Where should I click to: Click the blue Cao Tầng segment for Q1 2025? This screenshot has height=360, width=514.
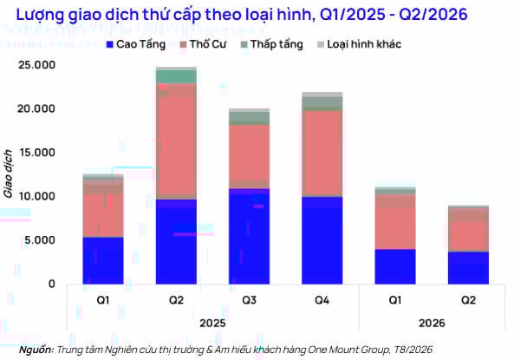click(103, 260)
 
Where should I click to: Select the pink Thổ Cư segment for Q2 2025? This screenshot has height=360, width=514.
click(176, 141)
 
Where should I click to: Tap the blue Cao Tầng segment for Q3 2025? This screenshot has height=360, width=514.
click(249, 236)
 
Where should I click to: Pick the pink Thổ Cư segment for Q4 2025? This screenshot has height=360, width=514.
click(322, 154)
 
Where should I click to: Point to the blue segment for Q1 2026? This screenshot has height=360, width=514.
click(395, 266)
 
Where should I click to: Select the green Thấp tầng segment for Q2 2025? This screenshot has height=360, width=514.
click(176, 77)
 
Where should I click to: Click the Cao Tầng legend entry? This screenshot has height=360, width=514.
click(136, 44)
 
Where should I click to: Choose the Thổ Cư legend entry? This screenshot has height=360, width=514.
click(203, 44)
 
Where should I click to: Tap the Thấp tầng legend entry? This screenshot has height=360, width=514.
click(272, 44)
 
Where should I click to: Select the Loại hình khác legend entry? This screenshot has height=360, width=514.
click(359, 44)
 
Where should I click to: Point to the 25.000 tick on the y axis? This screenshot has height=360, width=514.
click(36, 65)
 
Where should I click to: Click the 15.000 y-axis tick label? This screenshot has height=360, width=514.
click(36, 153)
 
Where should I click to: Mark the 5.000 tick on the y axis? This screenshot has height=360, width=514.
click(40, 240)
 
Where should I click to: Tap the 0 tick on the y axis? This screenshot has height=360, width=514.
click(52, 284)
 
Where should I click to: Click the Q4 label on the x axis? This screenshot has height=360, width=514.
click(322, 300)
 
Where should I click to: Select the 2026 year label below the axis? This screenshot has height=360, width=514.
click(432, 324)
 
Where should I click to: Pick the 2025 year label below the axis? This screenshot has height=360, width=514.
click(212, 324)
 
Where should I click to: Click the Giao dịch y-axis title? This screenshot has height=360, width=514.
click(8, 174)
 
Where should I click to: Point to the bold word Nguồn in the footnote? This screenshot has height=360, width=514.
click(36, 350)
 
